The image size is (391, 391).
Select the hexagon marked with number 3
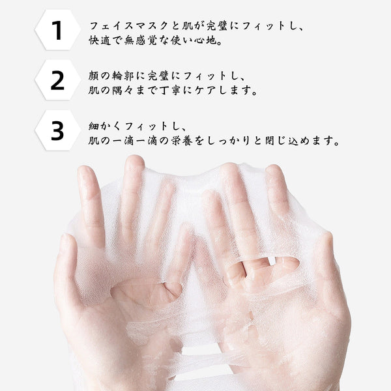(x=57, y=130)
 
